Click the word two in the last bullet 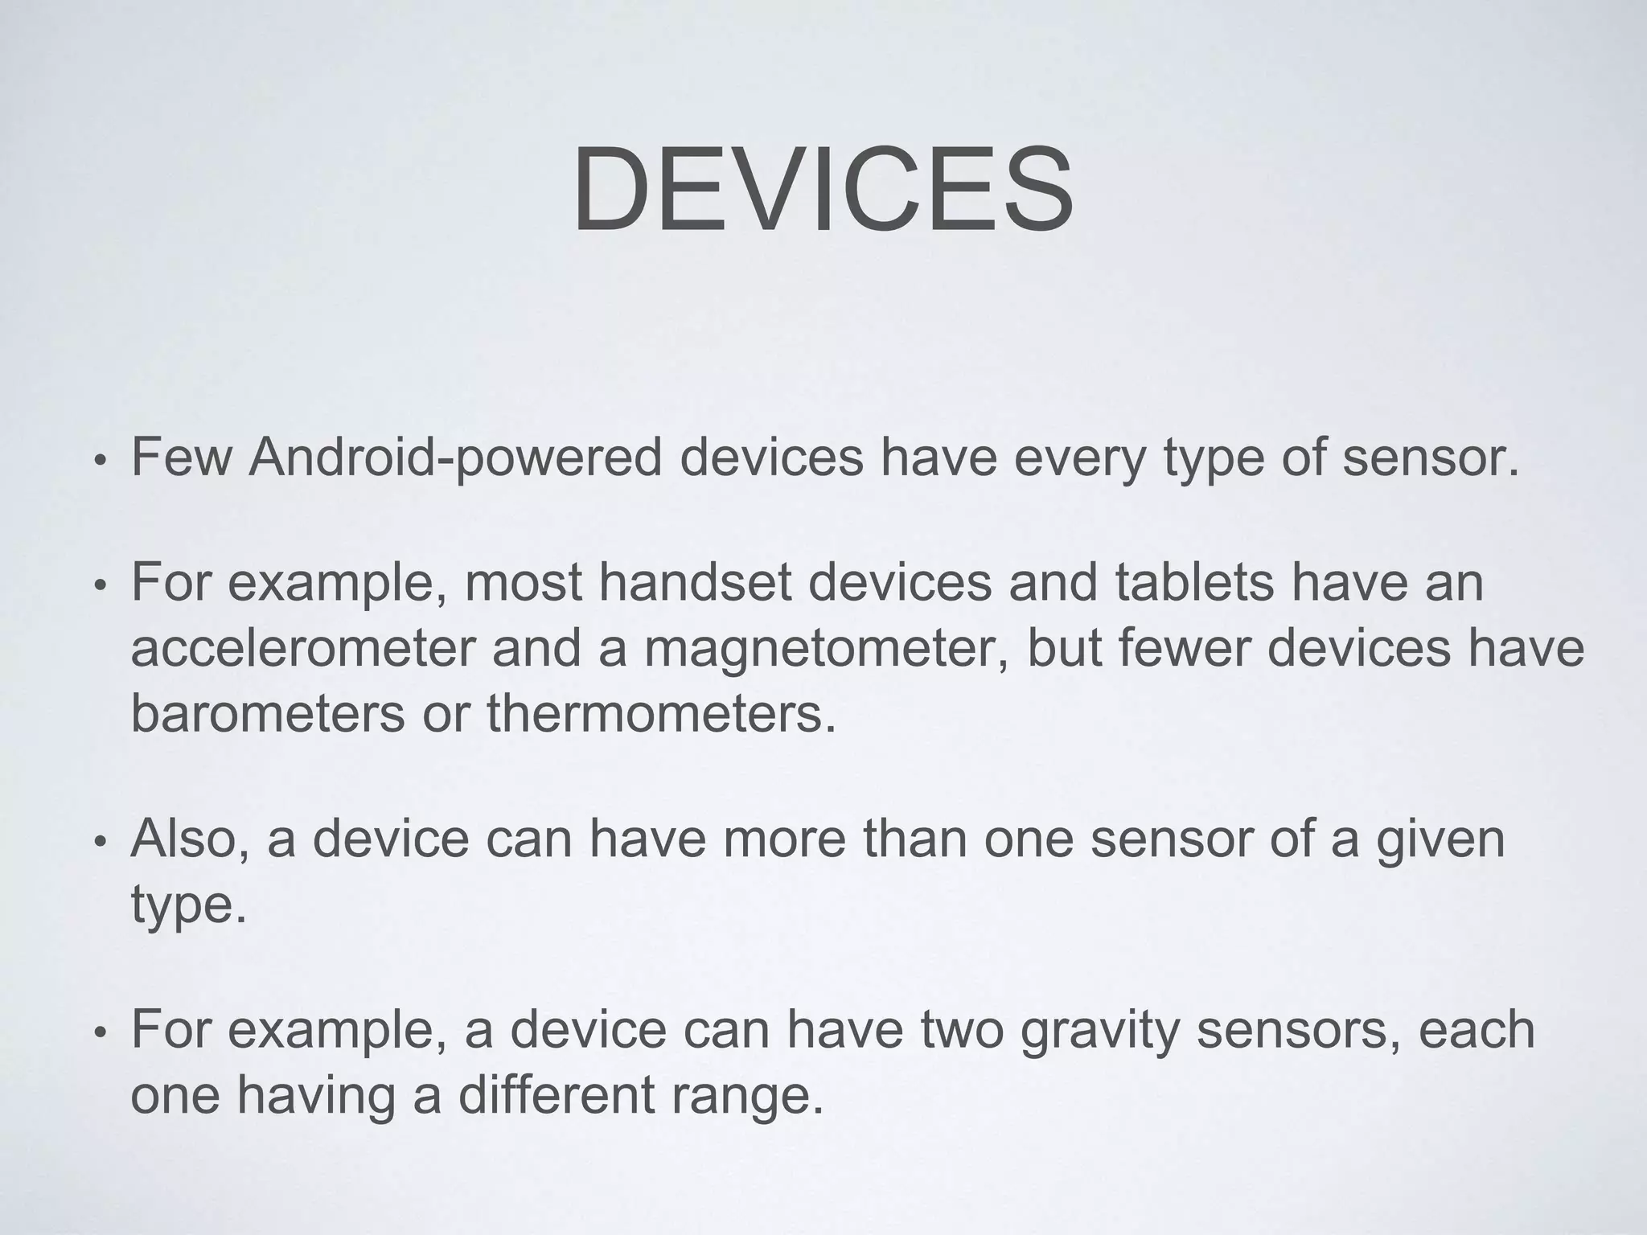(962, 1030)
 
